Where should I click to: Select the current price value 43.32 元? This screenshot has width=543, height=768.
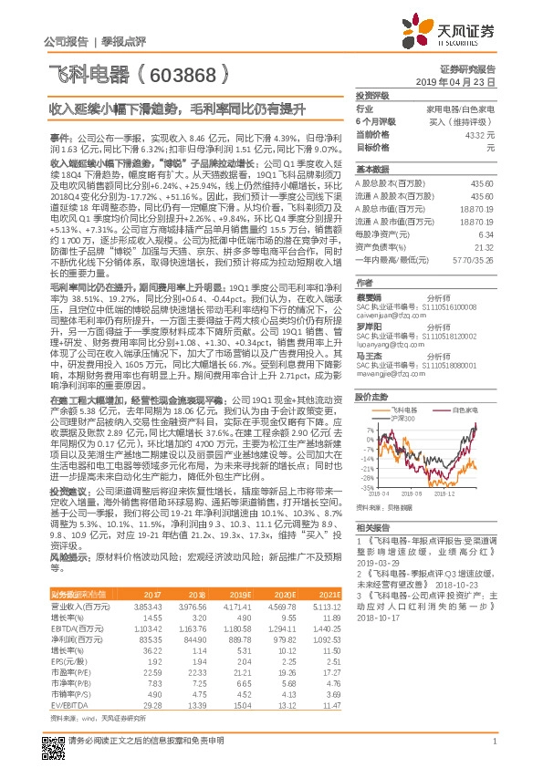point(480,133)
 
